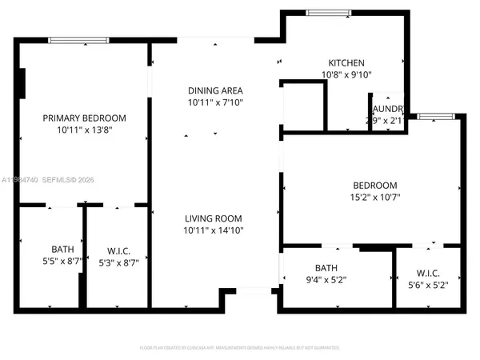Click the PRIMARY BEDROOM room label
(84, 118)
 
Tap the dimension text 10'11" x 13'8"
(84, 130)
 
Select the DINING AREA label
(215, 90)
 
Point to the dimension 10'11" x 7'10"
(215, 102)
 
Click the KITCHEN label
(346, 63)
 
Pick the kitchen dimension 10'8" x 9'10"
(346, 75)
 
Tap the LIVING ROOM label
(214, 218)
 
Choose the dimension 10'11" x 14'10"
(214, 230)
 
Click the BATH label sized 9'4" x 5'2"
(326, 268)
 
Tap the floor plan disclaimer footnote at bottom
(239, 348)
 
